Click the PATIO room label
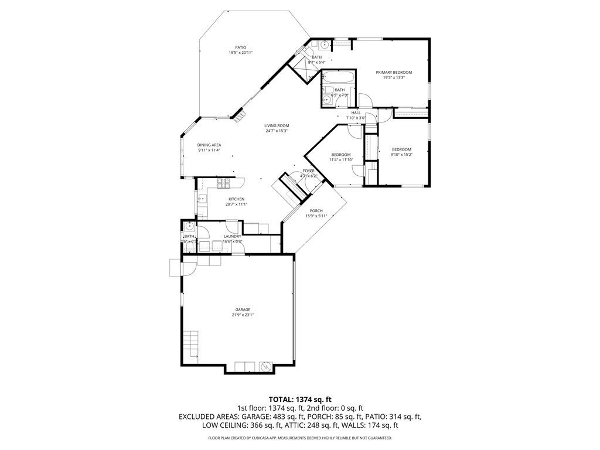click(x=240, y=47)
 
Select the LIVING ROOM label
click(x=277, y=125)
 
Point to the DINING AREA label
click(x=209, y=145)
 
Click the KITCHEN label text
click(x=236, y=199)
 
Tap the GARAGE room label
click(x=243, y=309)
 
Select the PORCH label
click(x=316, y=211)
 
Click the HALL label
click(x=356, y=112)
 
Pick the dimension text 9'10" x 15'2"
click(x=402, y=155)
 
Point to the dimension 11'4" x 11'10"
click(x=340, y=159)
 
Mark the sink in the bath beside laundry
click(x=189, y=227)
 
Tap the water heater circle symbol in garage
click(x=265, y=367)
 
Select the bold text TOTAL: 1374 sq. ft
click(x=300, y=398)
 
